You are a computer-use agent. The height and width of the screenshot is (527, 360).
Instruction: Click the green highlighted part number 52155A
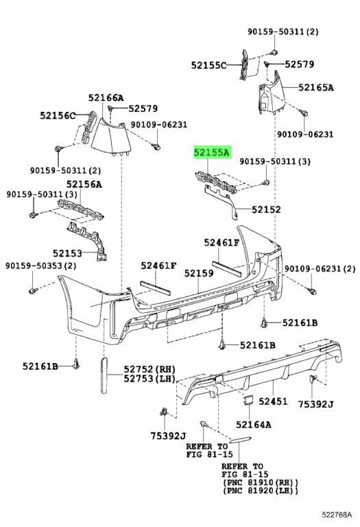click(212, 152)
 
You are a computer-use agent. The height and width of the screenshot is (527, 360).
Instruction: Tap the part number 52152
click(266, 210)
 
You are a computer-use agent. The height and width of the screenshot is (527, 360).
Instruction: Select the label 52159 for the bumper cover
click(198, 273)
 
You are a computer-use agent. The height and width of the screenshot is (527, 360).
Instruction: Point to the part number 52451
click(273, 401)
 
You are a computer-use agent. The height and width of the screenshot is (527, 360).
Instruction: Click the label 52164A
click(253, 425)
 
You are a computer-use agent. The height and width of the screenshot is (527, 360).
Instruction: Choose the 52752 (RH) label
click(149, 369)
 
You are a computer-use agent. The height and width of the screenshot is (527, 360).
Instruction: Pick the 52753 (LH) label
click(149, 379)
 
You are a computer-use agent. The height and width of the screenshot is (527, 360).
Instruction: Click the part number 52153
click(67, 253)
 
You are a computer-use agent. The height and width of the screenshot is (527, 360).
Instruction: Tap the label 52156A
click(84, 184)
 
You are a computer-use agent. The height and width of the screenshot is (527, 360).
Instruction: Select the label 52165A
click(316, 87)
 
